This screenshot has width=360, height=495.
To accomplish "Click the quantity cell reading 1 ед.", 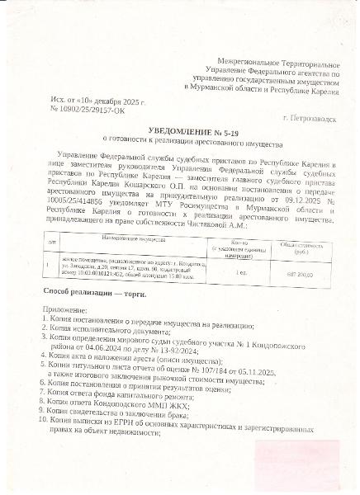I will (x=240, y=272).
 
